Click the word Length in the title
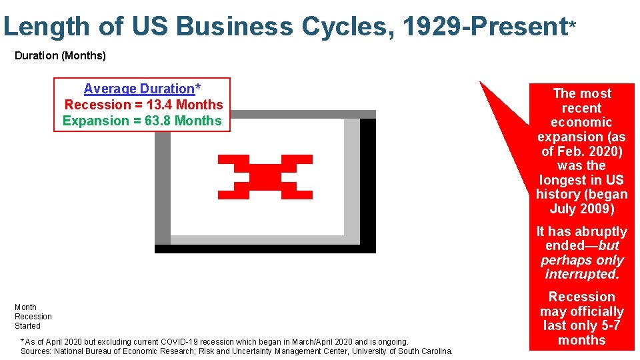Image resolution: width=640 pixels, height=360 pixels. (46, 27)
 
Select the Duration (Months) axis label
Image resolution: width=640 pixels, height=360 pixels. (60, 56)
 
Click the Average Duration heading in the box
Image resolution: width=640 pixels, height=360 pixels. (139, 89)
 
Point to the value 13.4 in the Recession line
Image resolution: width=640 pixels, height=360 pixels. (159, 105)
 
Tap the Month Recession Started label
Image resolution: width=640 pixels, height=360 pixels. (33, 317)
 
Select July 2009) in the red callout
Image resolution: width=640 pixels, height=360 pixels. (582, 209)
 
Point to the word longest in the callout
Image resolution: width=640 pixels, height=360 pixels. (563, 180)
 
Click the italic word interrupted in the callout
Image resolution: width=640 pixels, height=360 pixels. (582, 274)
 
